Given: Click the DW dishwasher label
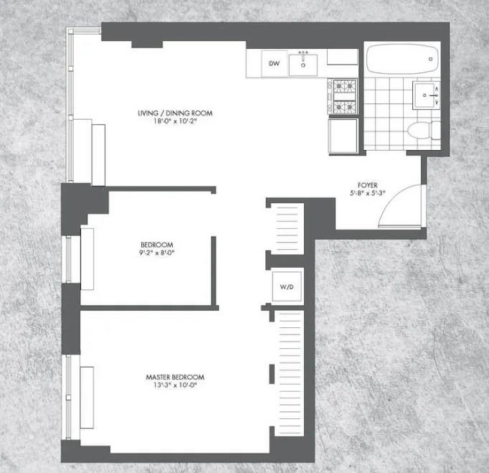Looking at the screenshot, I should click(x=274, y=64).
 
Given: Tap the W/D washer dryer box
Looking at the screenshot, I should click(x=287, y=287).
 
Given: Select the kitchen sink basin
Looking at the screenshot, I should click(x=304, y=65).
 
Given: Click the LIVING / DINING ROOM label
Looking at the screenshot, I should click(x=176, y=113).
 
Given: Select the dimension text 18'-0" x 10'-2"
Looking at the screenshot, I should click(x=176, y=122).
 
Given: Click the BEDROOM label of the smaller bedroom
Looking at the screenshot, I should click(x=156, y=245).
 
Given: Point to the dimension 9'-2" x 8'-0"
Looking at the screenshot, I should click(x=156, y=253).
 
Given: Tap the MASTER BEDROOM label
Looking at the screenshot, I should click(x=175, y=378).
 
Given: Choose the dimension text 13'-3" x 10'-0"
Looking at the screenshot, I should click(x=175, y=386).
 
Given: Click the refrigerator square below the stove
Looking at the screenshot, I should click(x=342, y=135).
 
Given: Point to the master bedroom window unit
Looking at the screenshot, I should click(x=87, y=388).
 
